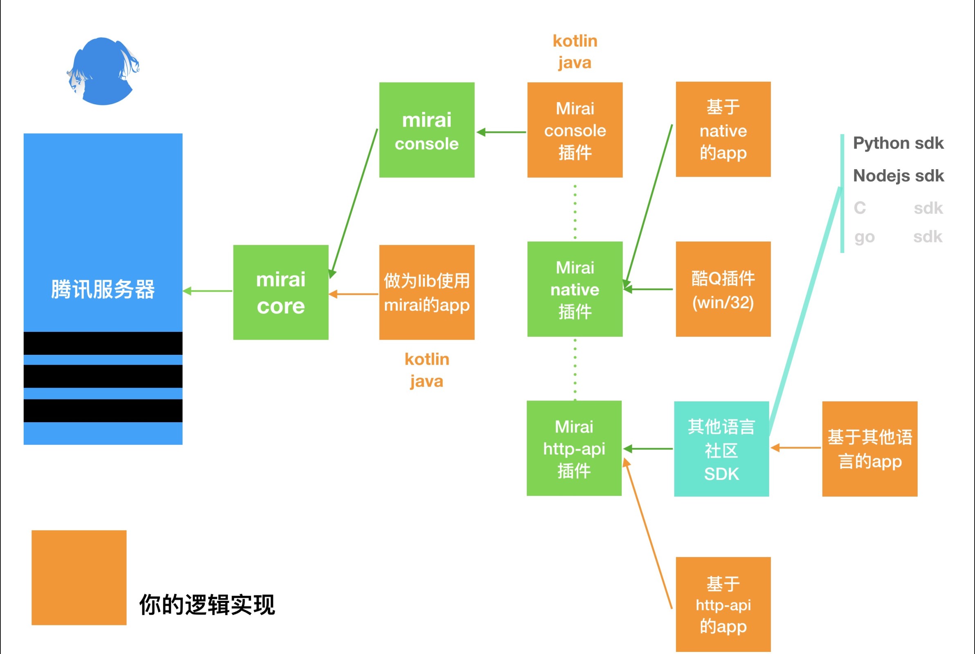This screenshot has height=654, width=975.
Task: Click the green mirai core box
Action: [x=281, y=292]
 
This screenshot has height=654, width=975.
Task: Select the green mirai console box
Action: [x=427, y=130]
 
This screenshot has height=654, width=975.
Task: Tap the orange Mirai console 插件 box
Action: [x=575, y=130]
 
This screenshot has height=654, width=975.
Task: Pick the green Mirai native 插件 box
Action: [x=575, y=289]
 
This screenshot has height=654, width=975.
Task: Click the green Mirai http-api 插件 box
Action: [x=574, y=448]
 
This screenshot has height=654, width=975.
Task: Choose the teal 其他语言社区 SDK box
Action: [x=721, y=449]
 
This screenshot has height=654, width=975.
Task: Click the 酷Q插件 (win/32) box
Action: [x=723, y=289]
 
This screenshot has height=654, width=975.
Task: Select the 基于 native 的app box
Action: [x=723, y=129]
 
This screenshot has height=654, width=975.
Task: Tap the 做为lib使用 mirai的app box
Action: [x=427, y=292]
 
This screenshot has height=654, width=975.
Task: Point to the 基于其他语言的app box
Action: [x=869, y=449]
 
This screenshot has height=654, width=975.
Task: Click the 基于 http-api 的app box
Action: [x=723, y=604]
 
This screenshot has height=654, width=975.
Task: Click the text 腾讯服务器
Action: [x=103, y=289]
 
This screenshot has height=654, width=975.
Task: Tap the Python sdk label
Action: [x=898, y=143]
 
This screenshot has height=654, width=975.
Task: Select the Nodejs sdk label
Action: [x=898, y=176]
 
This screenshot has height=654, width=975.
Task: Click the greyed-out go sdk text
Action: [x=898, y=237]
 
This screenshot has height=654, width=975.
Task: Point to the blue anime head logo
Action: [x=103, y=71]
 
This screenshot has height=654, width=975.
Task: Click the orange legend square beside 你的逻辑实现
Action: [x=79, y=578]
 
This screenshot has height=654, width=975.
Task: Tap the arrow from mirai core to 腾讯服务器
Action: [x=208, y=291]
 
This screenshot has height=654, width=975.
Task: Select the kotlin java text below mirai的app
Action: [x=427, y=370]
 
